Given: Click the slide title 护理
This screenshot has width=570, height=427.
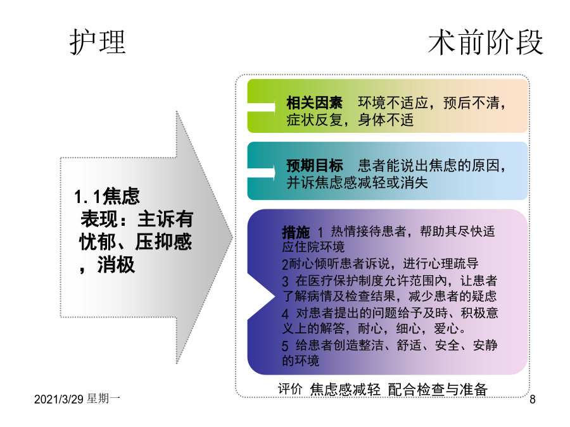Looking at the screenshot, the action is click(98, 42).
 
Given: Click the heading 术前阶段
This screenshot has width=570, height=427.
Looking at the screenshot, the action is click(486, 42).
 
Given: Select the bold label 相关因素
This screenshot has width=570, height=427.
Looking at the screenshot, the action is click(314, 102).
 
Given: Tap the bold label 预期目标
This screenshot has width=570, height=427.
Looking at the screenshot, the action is click(314, 166).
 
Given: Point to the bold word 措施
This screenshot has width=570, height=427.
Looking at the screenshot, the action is click(296, 232).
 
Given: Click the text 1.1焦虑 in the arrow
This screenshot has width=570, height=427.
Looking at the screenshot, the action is click(107, 197).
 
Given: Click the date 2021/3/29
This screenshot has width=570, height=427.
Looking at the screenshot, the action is click(59, 399).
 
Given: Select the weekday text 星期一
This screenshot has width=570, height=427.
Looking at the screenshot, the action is click(104, 399).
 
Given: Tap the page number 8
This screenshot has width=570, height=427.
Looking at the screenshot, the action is click(532, 399).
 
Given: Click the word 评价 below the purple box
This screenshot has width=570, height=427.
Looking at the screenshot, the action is click(290, 389).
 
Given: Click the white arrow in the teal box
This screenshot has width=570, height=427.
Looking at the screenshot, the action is click(262, 172).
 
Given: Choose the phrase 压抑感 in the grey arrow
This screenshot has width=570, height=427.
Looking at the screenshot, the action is click(163, 242).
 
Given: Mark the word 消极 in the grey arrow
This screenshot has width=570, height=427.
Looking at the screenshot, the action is click(116, 264).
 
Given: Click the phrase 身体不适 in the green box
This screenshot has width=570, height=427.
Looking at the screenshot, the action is click(386, 120).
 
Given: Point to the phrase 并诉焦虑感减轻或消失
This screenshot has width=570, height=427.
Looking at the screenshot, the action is click(357, 183).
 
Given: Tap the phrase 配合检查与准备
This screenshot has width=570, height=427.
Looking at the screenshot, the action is click(438, 389).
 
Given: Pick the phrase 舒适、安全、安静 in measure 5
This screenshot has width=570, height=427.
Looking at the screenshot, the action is click(446, 345).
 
